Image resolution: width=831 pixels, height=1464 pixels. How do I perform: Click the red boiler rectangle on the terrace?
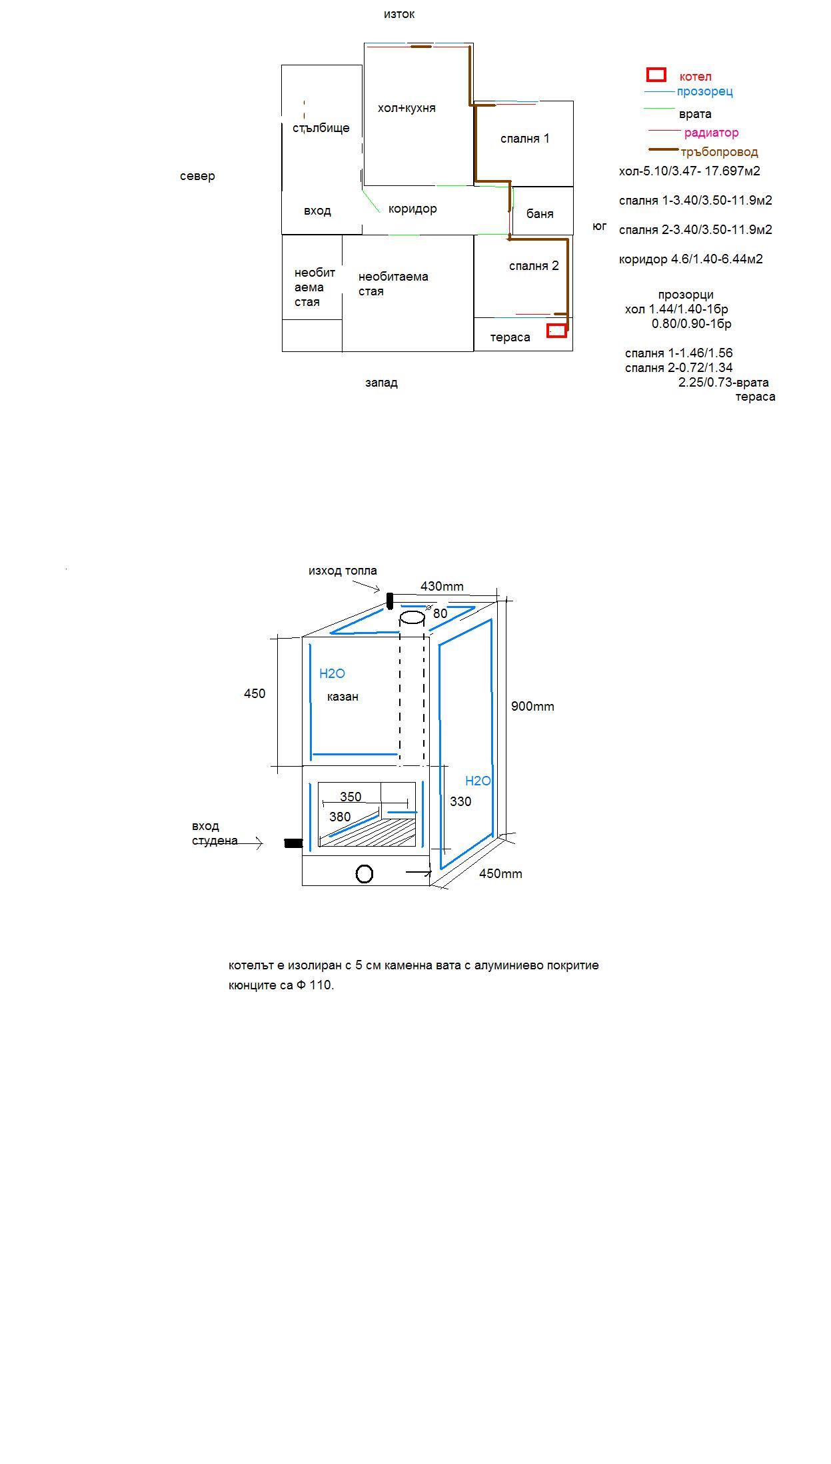tap(556, 330)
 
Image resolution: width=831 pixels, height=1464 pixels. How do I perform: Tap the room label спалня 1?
tap(525, 139)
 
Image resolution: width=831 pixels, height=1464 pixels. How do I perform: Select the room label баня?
tap(540, 214)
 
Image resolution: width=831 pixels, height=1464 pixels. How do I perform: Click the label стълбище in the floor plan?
tap(321, 128)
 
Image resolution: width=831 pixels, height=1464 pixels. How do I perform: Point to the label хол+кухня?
tap(407, 108)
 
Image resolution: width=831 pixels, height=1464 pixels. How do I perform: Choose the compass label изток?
tap(399, 14)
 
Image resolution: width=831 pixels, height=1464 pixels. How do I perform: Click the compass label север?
tap(197, 176)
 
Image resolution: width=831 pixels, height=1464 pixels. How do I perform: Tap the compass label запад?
tap(381, 383)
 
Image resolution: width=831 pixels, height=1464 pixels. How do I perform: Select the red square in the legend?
tap(656, 75)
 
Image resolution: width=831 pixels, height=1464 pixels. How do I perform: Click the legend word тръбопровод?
tap(719, 152)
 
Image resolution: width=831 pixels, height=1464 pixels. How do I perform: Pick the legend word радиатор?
tap(711, 133)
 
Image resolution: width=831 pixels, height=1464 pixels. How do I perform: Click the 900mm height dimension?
tap(532, 707)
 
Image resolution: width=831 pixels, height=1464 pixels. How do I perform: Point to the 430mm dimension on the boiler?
tap(442, 587)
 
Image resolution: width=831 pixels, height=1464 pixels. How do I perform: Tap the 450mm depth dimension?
tap(500, 873)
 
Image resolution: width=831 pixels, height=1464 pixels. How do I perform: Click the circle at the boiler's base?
tap(365, 873)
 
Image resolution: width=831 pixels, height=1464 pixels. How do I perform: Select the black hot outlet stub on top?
tap(390, 601)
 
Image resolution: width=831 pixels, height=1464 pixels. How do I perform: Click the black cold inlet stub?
tap(293, 843)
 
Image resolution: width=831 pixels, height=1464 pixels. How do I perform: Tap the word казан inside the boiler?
tap(343, 697)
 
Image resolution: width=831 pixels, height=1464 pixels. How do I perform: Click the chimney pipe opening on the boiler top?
tap(412, 618)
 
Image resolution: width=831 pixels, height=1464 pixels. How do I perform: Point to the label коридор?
tap(413, 209)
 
